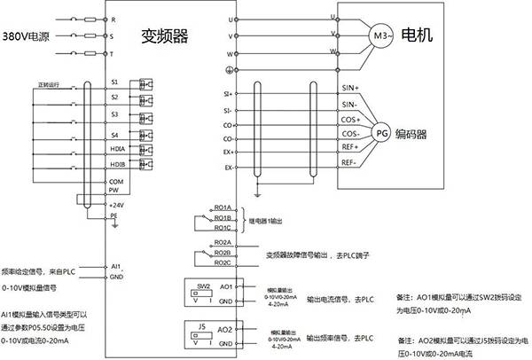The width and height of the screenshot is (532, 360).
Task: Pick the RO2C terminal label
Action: coord(222,262)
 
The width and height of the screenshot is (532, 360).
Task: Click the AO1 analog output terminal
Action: coord(225,288)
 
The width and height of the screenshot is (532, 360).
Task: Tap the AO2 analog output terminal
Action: coord(225,330)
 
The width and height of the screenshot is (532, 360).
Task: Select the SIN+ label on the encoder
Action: coord(350,89)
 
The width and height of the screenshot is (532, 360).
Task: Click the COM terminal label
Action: coord(114,180)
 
